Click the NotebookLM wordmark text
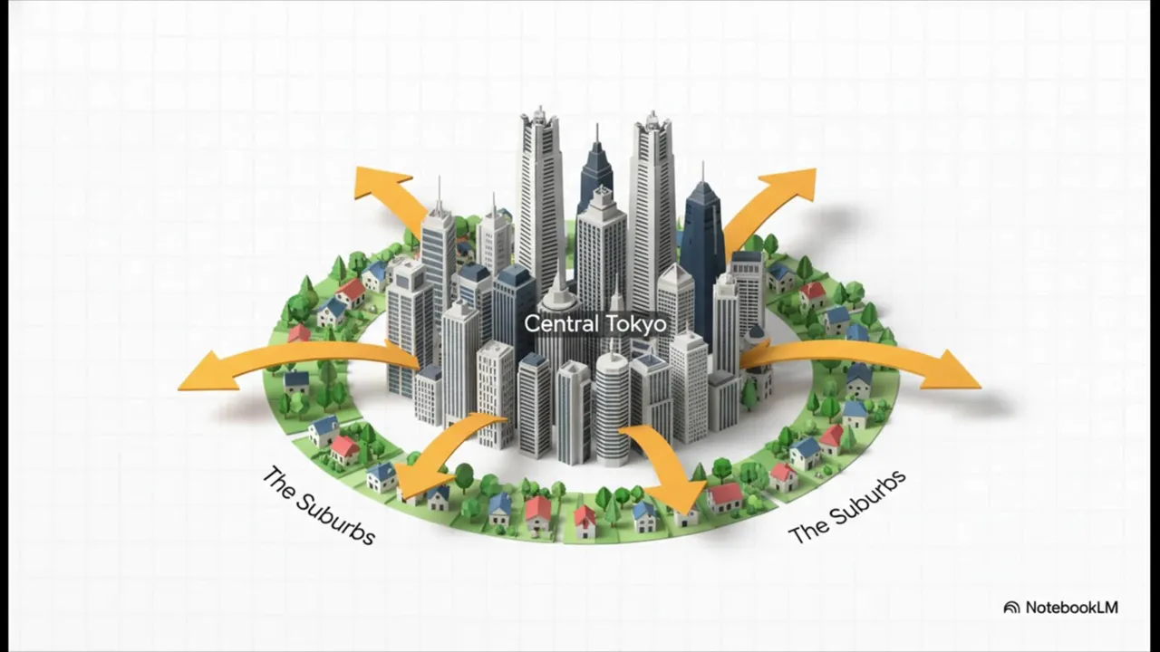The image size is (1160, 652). pos(1071,608)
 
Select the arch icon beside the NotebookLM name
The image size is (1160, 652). pos(1011,608)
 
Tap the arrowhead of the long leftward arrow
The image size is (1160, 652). pos(208,370)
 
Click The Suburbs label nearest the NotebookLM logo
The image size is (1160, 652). pos(846,507)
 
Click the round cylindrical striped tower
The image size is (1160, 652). pos(612,408)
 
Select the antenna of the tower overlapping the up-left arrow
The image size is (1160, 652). pos(440,194)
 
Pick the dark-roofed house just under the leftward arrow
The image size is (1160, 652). pos(296,382)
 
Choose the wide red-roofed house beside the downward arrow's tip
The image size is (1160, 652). pos(726,498)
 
